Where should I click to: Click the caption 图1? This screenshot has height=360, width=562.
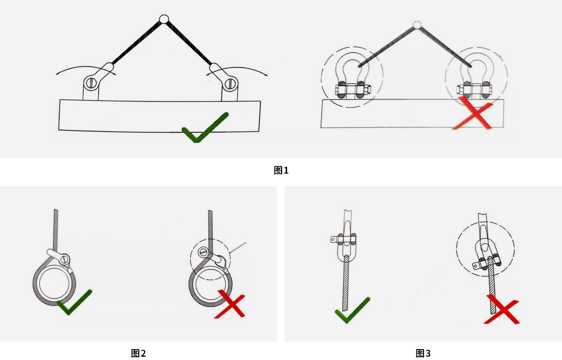[281, 170]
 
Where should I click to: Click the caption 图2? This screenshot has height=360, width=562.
[138, 353]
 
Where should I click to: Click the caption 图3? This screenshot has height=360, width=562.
[423, 353]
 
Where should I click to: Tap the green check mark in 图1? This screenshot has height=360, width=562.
[205, 127]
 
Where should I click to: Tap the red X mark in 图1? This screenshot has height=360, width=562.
[472, 113]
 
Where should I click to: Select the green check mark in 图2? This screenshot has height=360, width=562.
[74, 302]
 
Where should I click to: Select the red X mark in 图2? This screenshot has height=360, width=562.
[229, 304]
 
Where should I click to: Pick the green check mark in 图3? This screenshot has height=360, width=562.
[353, 310]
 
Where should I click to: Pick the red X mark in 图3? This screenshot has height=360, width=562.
[502, 309]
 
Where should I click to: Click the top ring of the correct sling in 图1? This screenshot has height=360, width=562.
[164, 19]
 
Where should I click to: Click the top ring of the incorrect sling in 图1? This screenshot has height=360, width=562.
[417, 25]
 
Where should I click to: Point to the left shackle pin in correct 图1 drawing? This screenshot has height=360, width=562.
[91, 82]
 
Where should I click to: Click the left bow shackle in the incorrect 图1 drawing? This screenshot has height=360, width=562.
[353, 76]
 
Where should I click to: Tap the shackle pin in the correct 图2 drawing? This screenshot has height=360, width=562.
[66, 259]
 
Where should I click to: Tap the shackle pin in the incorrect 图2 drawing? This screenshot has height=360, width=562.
[203, 252]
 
